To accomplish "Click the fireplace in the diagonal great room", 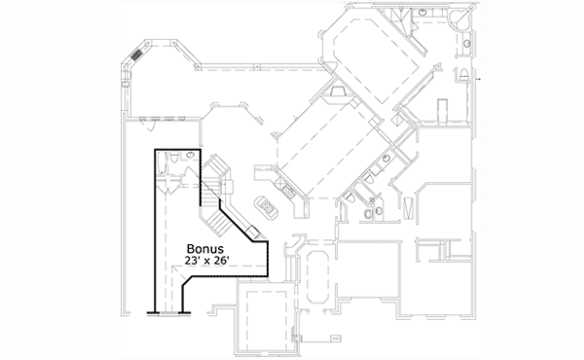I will pos(337,92).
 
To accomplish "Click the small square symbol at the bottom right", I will pos(335,339).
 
